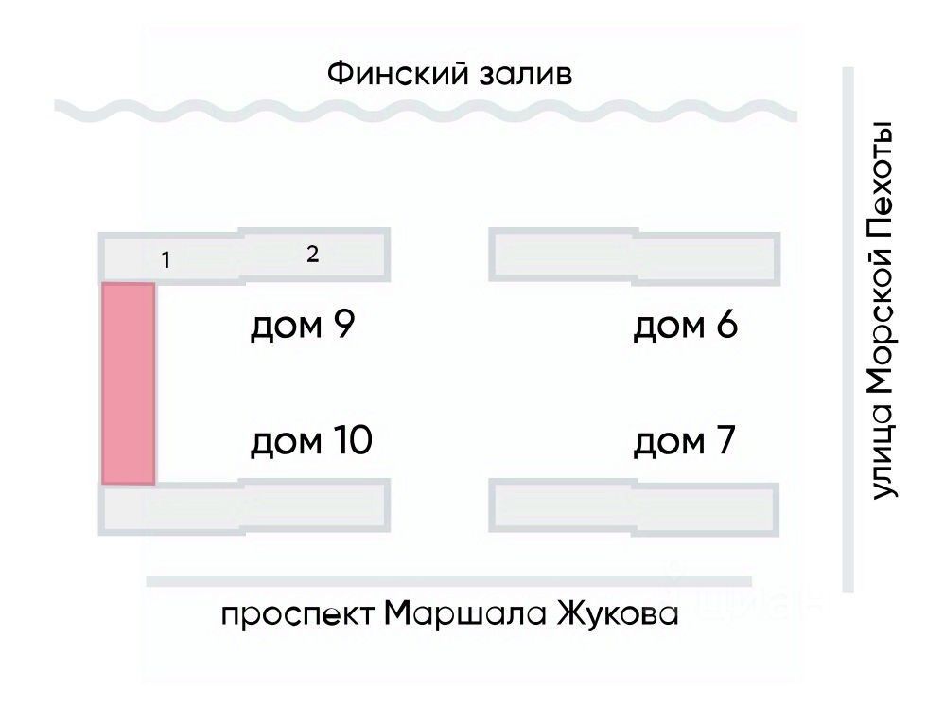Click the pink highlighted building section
point(128,383)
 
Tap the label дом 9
point(302,327)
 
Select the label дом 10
point(311,441)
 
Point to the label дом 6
point(685,327)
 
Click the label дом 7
point(684,441)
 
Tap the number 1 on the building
point(166,259)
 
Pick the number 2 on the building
point(312,254)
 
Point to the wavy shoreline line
point(426,112)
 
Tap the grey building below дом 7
point(634,508)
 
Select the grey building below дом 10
point(244,508)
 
